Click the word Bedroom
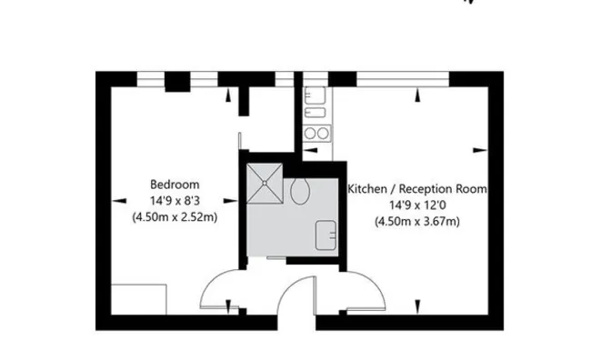(x=175, y=184)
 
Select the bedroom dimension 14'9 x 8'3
(x=175, y=200)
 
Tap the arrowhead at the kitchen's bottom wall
(x=417, y=306)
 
